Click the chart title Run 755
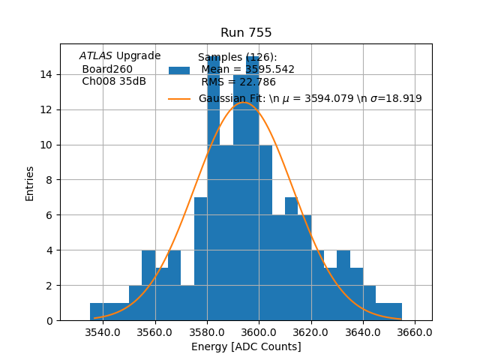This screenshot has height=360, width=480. [x=246, y=33]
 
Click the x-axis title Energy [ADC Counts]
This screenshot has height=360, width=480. [x=246, y=346]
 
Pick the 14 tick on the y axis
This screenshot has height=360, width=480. [x=46, y=74]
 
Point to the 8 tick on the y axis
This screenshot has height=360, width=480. [x=49, y=180]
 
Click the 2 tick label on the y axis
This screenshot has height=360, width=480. [x=49, y=286]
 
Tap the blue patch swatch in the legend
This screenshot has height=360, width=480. [x=179, y=70]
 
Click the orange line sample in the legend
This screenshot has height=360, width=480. [x=179, y=98]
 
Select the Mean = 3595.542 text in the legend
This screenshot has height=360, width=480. [x=247, y=70]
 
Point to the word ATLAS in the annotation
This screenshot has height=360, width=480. [x=96, y=56]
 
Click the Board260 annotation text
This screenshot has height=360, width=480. [x=107, y=69]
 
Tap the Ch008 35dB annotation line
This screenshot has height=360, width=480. [x=114, y=81]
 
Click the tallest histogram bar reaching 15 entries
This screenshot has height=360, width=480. [x=214, y=187]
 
